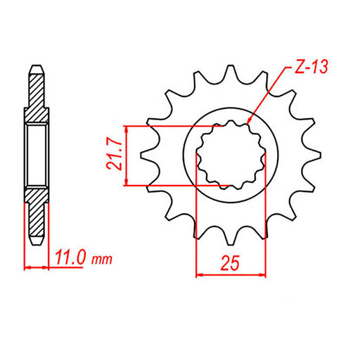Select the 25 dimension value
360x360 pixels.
(x=231, y=263)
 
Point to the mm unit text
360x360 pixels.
(x=102, y=260)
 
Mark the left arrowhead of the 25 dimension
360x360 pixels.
(x=196, y=273)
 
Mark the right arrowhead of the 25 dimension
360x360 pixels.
(x=265, y=273)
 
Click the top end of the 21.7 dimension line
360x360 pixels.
(x=126, y=127)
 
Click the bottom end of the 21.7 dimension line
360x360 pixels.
(x=126, y=186)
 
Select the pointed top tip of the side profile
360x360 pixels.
(x=37, y=67)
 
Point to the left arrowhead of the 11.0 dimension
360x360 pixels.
(x=25, y=268)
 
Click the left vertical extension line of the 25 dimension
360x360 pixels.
(x=195, y=225)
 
